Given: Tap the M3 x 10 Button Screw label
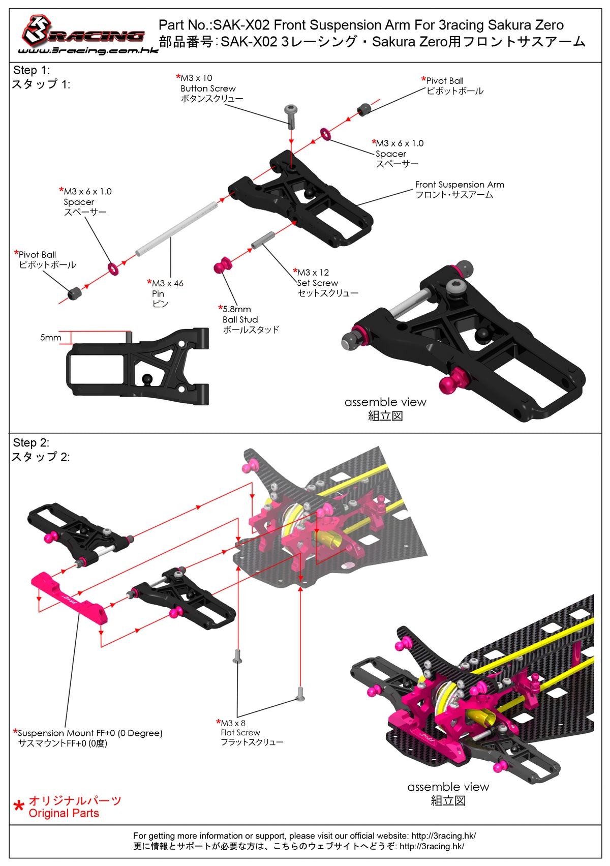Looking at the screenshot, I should (x=208, y=88).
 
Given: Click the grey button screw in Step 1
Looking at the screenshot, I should (x=291, y=115).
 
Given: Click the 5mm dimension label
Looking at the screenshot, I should (x=50, y=338).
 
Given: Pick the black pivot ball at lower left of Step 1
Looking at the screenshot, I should (x=75, y=293).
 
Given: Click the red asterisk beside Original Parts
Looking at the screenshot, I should (x=19, y=807).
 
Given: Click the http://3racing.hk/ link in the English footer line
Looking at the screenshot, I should (x=443, y=835).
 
